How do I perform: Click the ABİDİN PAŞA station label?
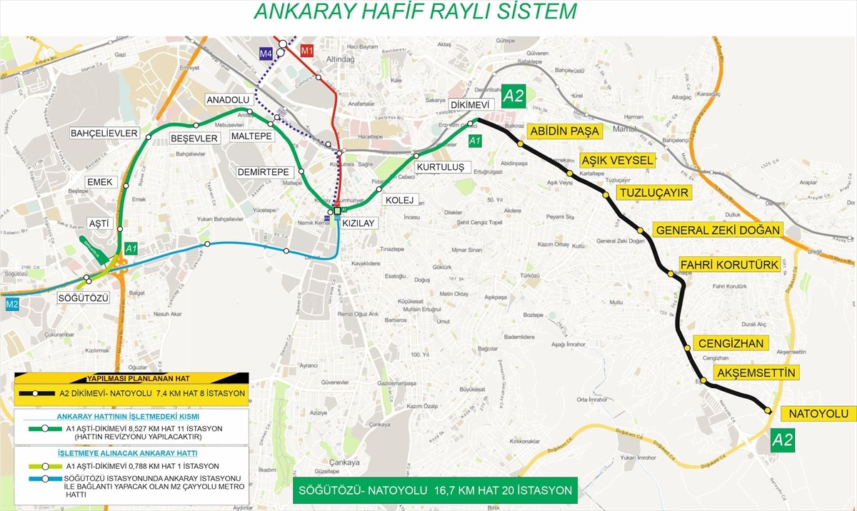tap(563, 131)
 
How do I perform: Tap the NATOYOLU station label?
tap(818, 414)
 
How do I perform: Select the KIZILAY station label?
tap(359, 223)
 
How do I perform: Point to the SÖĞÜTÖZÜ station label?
tap(84, 298)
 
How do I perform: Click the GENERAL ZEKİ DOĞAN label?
tap(718, 231)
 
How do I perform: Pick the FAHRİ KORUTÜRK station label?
tap(728, 265)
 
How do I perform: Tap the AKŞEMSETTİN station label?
tap(754, 373)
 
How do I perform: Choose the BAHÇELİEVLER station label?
tap(104, 133)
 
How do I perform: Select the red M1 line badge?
tap(308, 51)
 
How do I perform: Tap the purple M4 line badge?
tap(266, 54)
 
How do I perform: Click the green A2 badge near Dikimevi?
tap(514, 96)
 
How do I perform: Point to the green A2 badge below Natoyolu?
tap(783, 440)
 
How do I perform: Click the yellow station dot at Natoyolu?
tap(767, 410)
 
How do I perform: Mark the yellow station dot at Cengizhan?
tap(687, 348)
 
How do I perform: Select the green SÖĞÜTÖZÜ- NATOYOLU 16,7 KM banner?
tap(436, 490)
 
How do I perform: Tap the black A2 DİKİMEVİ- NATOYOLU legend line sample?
tap(40, 393)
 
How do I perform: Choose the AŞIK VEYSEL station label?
tap(616, 161)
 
